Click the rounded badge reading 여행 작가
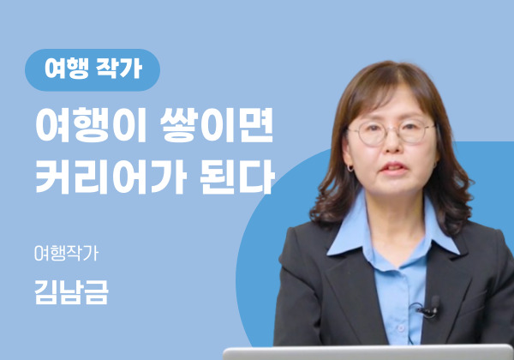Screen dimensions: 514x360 coord(93,69)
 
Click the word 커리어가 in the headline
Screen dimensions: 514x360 coord(111,177)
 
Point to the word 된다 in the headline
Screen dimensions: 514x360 coord(236,177)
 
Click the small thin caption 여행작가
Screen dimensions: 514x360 coord(66,253)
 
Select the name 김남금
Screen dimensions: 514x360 coord(71,292)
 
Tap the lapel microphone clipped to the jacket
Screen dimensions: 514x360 coord(432,307)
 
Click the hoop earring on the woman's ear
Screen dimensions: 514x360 coord(350,169)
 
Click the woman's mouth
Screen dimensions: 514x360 coord(394,167)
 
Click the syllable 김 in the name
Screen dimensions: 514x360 coord(46,292)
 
